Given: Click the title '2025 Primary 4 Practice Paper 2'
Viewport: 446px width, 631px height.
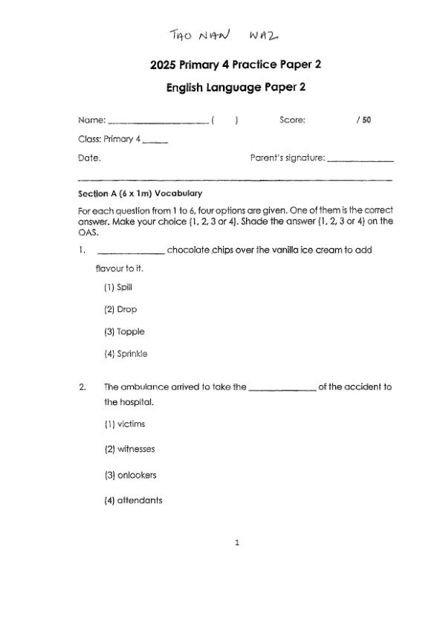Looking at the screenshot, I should (236, 65).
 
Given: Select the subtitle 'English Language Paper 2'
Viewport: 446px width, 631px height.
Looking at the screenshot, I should (236, 87).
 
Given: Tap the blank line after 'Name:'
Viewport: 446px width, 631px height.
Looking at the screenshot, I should (158, 122).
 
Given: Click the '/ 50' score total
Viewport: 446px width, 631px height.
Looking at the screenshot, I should (363, 120).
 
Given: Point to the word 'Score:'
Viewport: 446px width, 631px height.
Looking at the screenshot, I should (292, 120).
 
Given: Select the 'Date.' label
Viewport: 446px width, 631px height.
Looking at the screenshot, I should (89, 158).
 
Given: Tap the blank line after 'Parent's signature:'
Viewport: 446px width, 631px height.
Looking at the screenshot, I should (360, 160).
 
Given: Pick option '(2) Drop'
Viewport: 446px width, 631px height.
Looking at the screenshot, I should (120, 309).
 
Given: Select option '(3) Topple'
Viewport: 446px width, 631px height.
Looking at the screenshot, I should (124, 331).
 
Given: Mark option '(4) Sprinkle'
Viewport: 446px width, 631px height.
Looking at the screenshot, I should (126, 354).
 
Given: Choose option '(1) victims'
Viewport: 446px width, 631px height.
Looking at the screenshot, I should (124, 424).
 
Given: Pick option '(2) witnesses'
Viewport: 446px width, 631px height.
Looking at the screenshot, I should (129, 449).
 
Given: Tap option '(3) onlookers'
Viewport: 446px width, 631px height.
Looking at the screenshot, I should (130, 475).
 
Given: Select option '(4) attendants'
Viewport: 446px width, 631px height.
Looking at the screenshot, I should (133, 500).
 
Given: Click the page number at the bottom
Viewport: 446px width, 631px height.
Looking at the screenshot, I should (236, 543).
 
